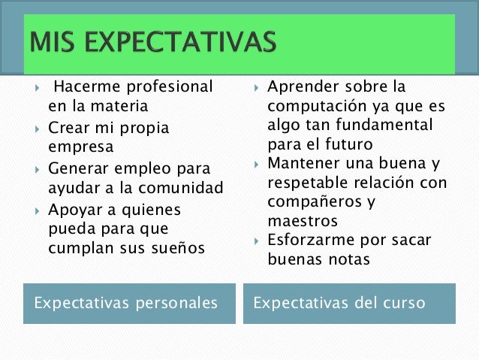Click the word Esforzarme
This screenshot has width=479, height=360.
pyautogui.click(x=310, y=241)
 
